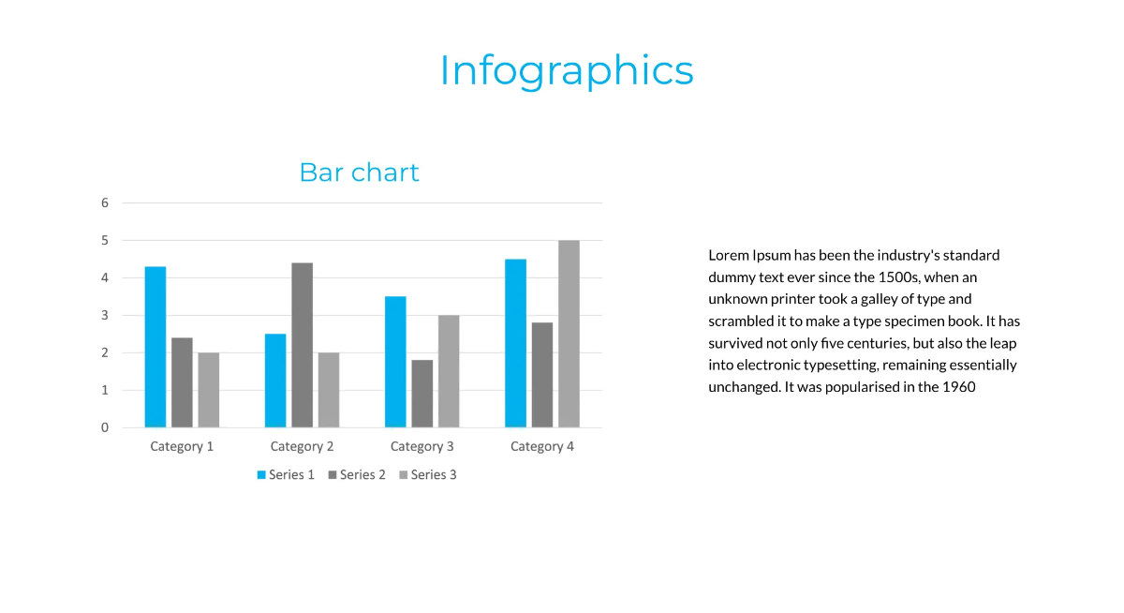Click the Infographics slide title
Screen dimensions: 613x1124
click(x=567, y=70)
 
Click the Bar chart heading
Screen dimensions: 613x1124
click(x=359, y=172)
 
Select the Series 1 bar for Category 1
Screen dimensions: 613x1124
click(x=155, y=347)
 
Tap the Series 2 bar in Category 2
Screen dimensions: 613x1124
click(x=302, y=345)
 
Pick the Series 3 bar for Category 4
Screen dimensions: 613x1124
click(x=569, y=334)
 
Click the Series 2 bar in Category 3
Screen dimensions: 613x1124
click(x=421, y=394)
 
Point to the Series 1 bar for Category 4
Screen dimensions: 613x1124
click(x=515, y=343)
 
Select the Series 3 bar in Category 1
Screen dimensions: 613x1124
click(x=208, y=390)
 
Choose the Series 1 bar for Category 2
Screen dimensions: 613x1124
click(x=275, y=381)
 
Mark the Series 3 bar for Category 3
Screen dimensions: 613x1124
click(x=449, y=371)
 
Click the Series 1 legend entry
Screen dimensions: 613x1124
click(x=286, y=475)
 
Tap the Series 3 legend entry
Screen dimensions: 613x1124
click(x=428, y=475)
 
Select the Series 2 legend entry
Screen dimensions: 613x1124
click(x=357, y=475)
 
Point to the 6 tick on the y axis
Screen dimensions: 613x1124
click(x=105, y=202)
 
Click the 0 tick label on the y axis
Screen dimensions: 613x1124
click(x=105, y=427)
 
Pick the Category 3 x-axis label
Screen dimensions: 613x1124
click(x=422, y=446)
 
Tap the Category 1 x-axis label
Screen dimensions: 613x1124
click(x=182, y=446)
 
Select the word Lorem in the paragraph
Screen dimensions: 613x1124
click(x=728, y=255)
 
